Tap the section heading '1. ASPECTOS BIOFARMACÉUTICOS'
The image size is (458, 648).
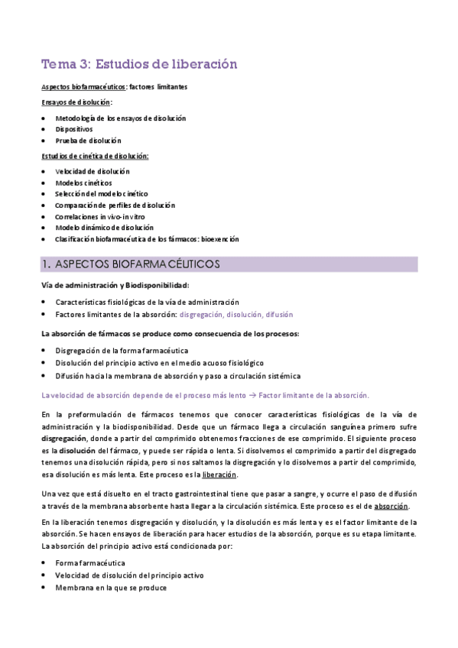[x=130, y=264]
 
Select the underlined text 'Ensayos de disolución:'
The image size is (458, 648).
[x=76, y=102]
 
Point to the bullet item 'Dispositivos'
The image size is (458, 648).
[x=74, y=129]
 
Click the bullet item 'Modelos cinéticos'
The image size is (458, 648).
[x=83, y=183]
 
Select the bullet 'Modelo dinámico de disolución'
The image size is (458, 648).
[x=105, y=228]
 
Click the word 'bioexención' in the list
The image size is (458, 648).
[x=219, y=239]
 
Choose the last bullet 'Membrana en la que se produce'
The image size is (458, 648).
[x=111, y=588]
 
